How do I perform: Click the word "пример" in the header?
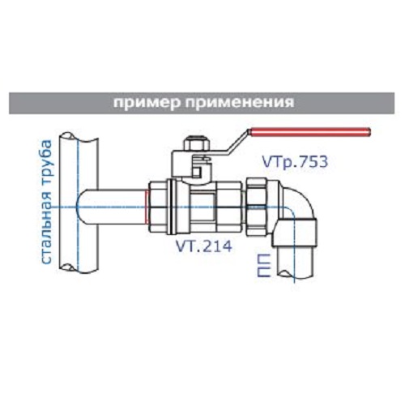pyautogui.click(x=146, y=103)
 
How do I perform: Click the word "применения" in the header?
pyautogui.click(x=239, y=103)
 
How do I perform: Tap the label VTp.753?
pyautogui.click(x=295, y=161)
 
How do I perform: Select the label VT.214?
pyautogui.click(x=203, y=246)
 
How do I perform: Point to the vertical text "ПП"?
pyautogui.click(x=263, y=265)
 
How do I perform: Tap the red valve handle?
pyautogui.click(x=310, y=133)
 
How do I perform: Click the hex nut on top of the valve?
pyautogui.click(x=196, y=144)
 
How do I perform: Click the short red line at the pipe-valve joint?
pyautogui.click(x=146, y=207)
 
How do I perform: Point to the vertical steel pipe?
pyautogui.click(x=79, y=203)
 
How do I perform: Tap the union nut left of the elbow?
pyautogui.click(x=261, y=207)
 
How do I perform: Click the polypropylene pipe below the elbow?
pyautogui.click(x=295, y=263)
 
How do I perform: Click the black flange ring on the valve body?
pyautogui.click(x=170, y=207)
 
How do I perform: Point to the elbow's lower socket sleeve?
pyautogui.click(x=294, y=233)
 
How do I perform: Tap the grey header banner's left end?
pyautogui.click(x=10, y=103)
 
